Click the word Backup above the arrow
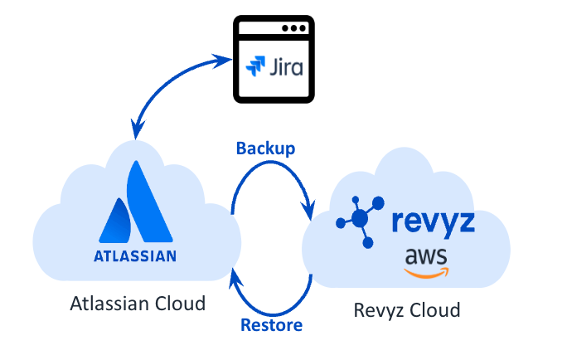265,148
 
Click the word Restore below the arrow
271,324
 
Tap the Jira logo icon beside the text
250,66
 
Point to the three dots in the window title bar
291,28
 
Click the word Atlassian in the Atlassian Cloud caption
112,304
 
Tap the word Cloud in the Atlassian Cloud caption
181,304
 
